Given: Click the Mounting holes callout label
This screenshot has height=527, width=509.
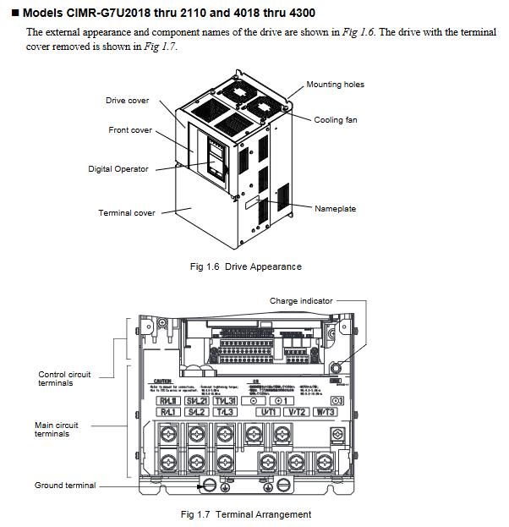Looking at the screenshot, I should (335, 85).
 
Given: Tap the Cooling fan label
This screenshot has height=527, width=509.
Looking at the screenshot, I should (335, 120).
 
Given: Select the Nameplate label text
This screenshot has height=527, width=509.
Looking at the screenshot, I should (335, 208).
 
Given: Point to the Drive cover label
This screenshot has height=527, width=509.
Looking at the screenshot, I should (127, 101).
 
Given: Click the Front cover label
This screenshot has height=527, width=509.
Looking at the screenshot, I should (130, 130).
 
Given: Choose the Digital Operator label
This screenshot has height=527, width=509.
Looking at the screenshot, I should (118, 169).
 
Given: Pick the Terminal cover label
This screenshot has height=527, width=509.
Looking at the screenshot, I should (127, 213).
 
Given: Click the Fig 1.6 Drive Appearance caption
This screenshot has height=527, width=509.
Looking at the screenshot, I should (246, 267).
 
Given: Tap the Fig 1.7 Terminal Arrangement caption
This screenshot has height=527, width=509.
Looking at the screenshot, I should (246, 514).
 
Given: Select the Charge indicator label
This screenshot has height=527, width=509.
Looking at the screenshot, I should (301, 300).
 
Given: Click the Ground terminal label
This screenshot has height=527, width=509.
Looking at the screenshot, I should (65, 486).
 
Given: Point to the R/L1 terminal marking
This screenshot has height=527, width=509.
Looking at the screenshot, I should (166, 412).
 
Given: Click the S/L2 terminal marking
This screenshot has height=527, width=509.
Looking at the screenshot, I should (197, 412).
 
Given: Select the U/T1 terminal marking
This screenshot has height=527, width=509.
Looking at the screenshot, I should (269, 412).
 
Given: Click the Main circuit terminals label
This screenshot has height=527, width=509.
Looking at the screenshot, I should (52, 429).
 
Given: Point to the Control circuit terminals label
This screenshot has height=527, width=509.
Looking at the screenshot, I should (64, 378).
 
